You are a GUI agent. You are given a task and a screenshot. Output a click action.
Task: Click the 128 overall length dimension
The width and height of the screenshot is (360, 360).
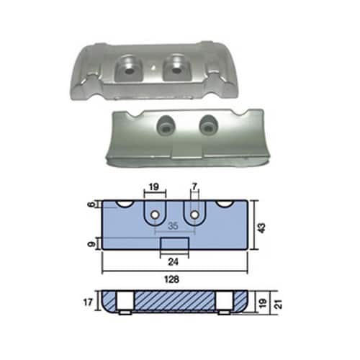point(172,279)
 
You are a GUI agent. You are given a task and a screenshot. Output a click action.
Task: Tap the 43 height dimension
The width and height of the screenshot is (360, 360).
point(262,228)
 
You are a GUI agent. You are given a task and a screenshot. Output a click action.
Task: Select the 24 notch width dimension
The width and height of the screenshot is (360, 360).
point(174,262)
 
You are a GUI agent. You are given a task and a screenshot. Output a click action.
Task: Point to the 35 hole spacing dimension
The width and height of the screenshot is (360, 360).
point(173,226)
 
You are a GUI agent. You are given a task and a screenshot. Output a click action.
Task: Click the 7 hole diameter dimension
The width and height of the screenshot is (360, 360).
point(195,186)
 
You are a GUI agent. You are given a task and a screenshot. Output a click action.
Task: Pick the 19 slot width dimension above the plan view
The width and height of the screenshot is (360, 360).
point(154,186)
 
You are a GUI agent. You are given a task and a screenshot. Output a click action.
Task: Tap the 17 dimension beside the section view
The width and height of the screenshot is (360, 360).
point(88,302)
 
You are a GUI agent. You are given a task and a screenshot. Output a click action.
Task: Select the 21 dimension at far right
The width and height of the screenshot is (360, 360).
point(279,305)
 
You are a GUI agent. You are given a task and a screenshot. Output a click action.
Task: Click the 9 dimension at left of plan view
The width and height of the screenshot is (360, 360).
point(91,244)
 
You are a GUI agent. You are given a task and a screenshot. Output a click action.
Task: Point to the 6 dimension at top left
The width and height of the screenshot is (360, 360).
point(91,204)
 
